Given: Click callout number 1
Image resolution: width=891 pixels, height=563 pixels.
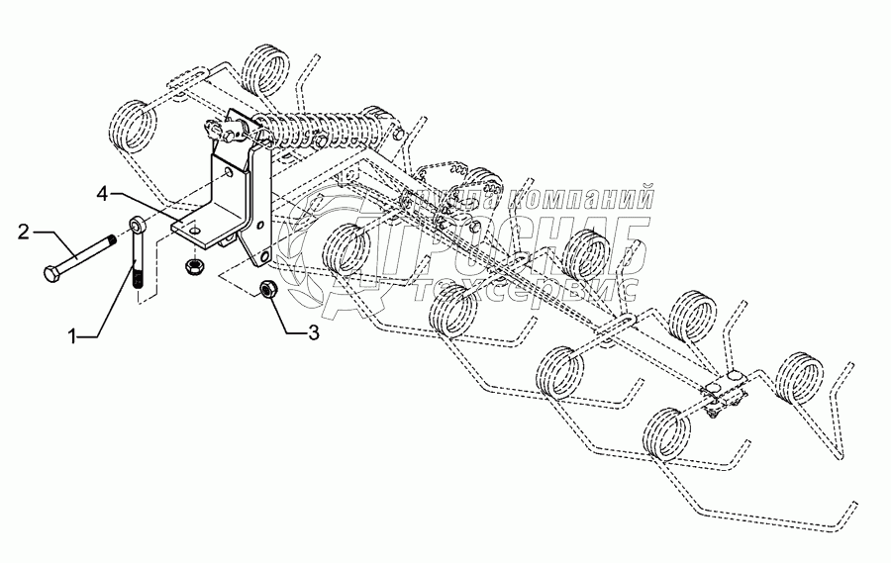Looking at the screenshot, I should (x=73, y=337).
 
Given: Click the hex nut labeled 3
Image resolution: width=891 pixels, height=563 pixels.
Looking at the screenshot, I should (x=266, y=289).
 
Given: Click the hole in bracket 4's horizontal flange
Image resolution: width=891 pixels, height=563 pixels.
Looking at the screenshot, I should (x=196, y=230).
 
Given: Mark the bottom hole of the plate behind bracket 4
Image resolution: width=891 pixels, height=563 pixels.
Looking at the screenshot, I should (x=265, y=260).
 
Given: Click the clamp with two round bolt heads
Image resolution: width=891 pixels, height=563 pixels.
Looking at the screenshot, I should (x=728, y=392).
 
